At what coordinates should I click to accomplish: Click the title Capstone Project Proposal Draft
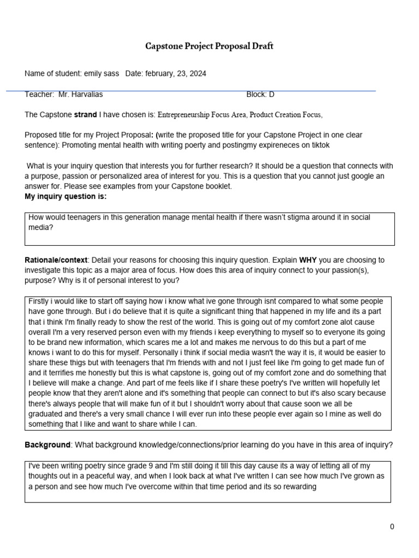(209, 46)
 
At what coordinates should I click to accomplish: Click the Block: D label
(260, 94)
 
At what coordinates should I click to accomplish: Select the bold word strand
(85, 115)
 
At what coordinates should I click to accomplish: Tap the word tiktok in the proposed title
(319, 145)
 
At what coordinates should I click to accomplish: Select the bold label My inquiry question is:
(65, 196)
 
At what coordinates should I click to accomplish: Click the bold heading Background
(47, 445)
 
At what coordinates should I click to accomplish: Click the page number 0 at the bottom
(392, 526)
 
